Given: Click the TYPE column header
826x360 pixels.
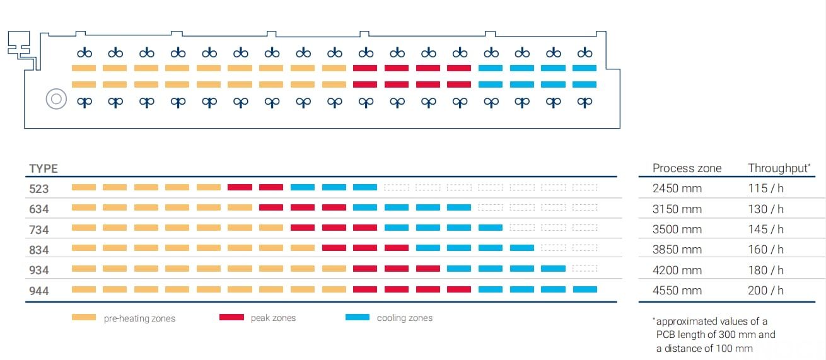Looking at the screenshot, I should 44,168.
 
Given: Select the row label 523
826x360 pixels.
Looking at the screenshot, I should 39,189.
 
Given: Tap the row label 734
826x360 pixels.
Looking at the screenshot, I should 39,229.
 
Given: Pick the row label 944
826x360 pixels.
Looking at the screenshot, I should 39,291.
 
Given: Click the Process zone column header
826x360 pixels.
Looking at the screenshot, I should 687,168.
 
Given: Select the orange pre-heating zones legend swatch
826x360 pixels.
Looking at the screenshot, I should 84,317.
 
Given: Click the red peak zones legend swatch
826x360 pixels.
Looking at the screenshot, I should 231,317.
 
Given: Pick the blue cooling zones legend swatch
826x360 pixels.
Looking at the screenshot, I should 358,317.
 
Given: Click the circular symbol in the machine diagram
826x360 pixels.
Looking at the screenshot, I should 56,100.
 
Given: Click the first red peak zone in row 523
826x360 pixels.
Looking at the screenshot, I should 240,187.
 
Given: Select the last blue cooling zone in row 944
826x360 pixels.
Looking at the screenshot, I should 585,289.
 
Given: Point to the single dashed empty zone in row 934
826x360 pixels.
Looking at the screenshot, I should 585,269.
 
